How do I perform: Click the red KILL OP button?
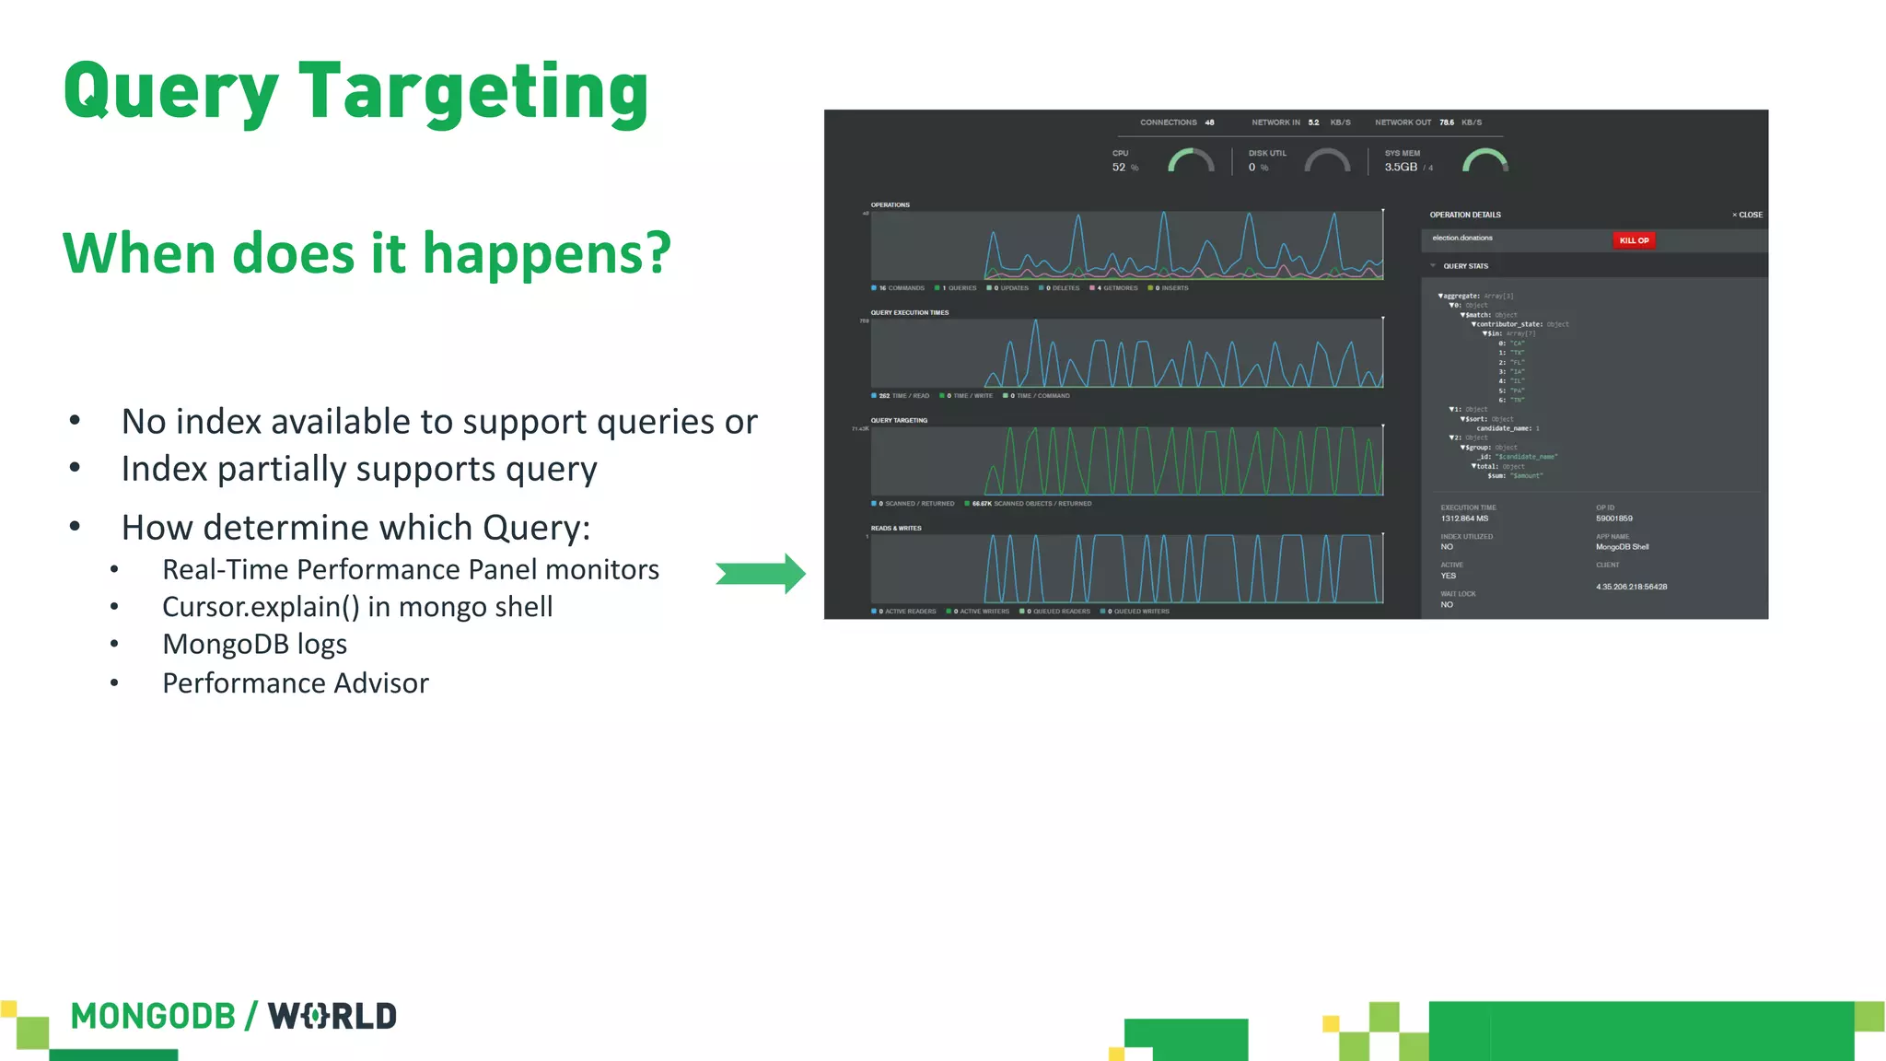tap(1634, 240)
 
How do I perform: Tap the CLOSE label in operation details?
tap(1748, 215)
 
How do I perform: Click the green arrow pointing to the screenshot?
tap(761, 574)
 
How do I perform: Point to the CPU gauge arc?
tap(1191, 160)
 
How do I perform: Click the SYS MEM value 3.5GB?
tap(1401, 167)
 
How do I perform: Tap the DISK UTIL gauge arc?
tap(1327, 160)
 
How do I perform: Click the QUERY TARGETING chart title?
tap(899, 420)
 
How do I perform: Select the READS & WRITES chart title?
tap(896, 528)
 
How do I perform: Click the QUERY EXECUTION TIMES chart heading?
tap(910, 312)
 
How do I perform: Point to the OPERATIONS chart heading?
tap(891, 204)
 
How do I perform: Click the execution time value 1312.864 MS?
tap(1464, 519)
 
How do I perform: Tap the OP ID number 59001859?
tap(1614, 519)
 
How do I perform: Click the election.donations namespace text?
tap(1462, 238)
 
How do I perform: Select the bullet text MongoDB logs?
tap(254, 644)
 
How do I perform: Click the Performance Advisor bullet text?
tap(295, 683)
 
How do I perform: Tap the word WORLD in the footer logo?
tap(332, 1016)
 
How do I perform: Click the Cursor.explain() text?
tap(261, 607)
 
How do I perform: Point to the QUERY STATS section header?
tap(1465, 266)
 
